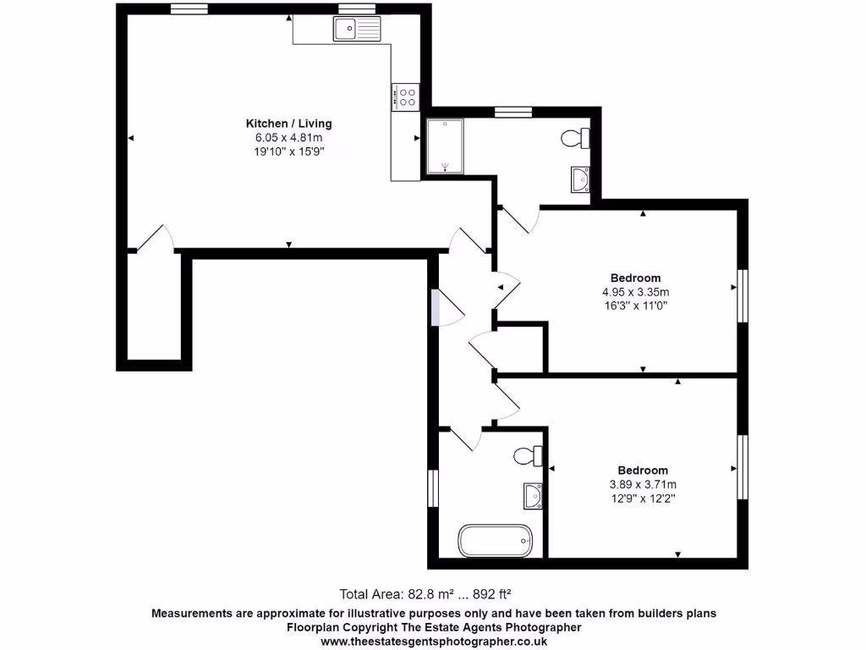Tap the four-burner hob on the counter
[404, 96]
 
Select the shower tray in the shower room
[445, 146]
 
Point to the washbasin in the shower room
[580, 179]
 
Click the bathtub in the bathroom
[496, 540]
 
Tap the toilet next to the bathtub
[529, 456]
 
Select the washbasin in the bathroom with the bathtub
[533, 496]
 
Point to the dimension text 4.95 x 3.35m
[635, 293]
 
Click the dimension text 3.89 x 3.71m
[643, 485]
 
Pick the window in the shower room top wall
[512, 111]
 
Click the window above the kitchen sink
[357, 9]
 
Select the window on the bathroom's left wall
[432, 488]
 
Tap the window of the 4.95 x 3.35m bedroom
[743, 296]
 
